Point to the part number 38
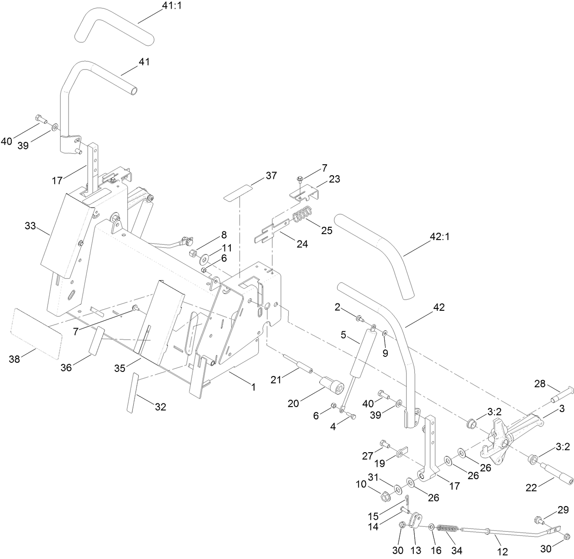15,359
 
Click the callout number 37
271,175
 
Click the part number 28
540,384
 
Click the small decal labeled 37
237,192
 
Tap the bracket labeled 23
307,191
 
